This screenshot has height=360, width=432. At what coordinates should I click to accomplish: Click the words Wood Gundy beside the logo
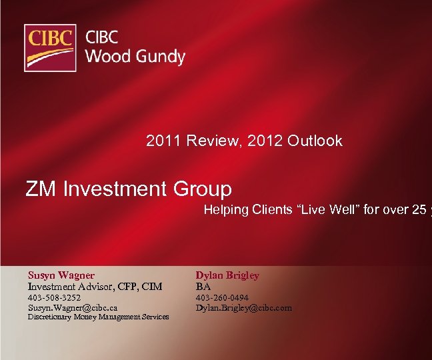click(x=135, y=56)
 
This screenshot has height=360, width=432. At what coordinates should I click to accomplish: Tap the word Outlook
click(x=315, y=141)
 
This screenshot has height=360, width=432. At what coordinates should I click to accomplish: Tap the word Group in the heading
click(x=205, y=189)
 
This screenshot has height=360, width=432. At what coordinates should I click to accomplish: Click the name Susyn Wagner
click(x=61, y=275)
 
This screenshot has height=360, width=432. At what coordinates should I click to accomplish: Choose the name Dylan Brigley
click(x=227, y=275)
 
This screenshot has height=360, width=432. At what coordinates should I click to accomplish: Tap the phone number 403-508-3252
click(x=54, y=298)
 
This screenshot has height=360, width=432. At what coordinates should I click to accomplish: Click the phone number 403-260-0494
click(x=222, y=298)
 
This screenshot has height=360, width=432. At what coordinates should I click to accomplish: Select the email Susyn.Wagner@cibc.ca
click(x=73, y=308)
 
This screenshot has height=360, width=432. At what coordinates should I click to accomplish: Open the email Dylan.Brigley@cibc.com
click(x=243, y=308)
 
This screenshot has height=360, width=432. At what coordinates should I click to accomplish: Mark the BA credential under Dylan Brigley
click(x=203, y=286)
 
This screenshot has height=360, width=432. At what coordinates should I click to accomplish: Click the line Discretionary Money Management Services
click(x=98, y=317)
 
